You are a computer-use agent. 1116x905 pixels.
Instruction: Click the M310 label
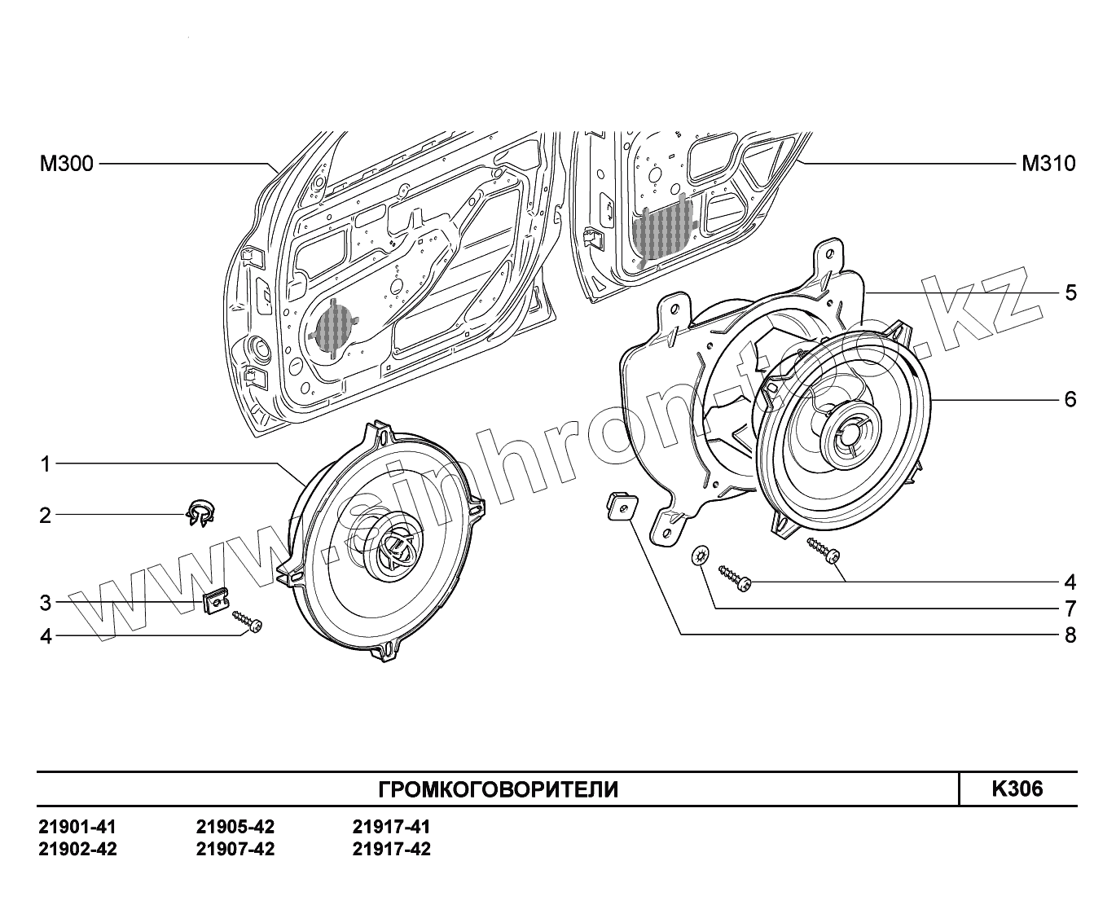coord(1048,165)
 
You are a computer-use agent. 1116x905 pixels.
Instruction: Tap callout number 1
coord(46,464)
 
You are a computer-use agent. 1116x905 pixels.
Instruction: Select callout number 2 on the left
coord(46,516)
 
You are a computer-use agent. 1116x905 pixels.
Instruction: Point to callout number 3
coord(46,603)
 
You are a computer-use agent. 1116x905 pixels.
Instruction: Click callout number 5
coord(1070,292)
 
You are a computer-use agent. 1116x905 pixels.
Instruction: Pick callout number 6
coord(1070,399)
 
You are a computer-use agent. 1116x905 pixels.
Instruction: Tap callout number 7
coord(1070,608)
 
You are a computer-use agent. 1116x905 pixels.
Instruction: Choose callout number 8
coord(1070,635)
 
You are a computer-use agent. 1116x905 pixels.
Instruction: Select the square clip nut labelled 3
coord(214,603)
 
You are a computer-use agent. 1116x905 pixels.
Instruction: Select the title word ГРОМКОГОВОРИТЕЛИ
coord(499,789)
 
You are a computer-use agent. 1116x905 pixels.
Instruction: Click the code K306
coord(1017,789)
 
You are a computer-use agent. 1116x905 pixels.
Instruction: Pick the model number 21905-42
coord(235,827)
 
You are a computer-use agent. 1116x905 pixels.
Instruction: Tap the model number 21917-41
coord(392,827)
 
